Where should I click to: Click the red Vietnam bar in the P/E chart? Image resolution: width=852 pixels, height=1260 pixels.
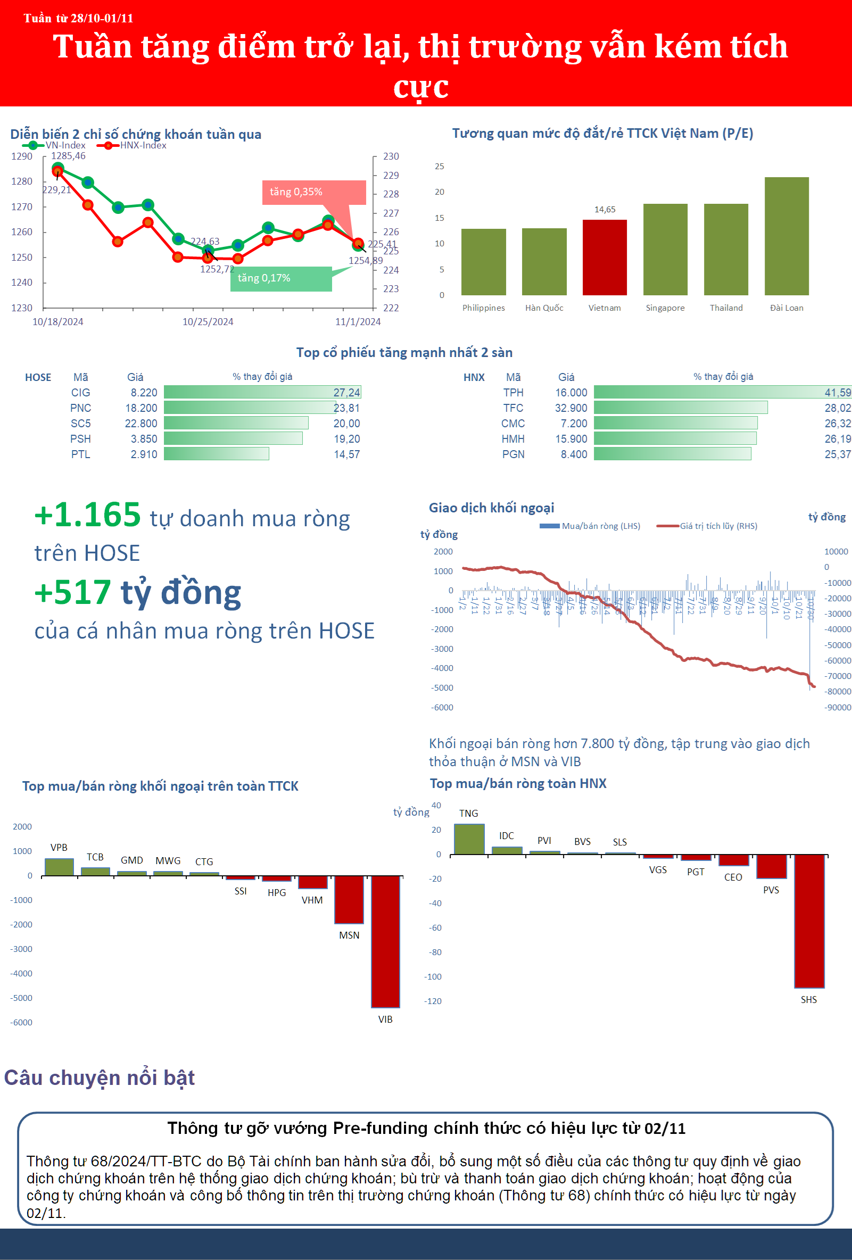tap(604, 258)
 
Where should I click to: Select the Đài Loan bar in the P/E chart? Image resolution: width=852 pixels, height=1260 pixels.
tap(787, 236)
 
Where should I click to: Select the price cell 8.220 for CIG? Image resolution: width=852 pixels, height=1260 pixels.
tap(144, 393)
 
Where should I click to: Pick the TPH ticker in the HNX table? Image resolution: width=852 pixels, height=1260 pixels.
tap(513, 393)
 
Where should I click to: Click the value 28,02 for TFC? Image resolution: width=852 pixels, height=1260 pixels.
tap(837, 408)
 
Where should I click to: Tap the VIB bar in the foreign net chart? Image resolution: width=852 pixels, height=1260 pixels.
tap(385, 942)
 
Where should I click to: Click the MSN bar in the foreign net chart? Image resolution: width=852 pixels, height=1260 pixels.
tap(349, 900)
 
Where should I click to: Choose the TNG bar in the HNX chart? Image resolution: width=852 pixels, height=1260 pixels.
tap(469, 839)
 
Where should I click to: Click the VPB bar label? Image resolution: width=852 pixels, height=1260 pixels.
tap(59, 848)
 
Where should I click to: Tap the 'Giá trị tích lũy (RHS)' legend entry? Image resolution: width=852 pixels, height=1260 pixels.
tap(707, 526)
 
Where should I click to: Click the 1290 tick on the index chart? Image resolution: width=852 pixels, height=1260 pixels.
tap(22, 156)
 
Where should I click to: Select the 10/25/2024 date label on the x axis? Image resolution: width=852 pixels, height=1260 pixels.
tap(208, 322)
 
